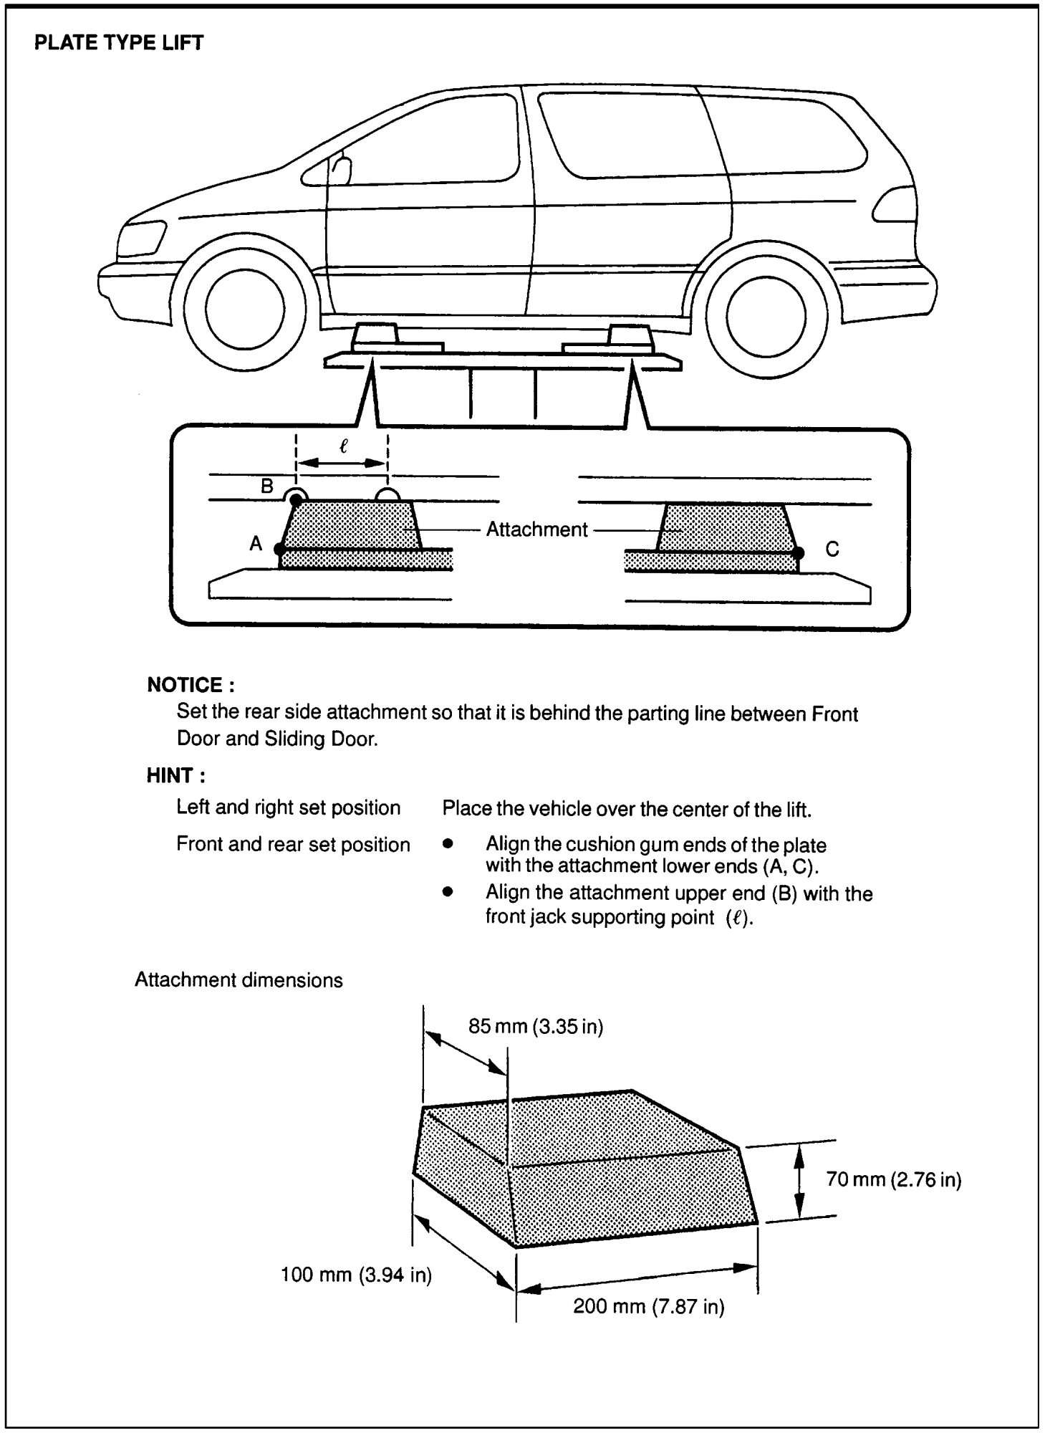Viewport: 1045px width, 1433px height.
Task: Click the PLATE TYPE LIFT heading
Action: tap(119, 43)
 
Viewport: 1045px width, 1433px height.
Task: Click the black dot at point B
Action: tap(295, 500)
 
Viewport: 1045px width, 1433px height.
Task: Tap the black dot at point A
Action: tap(279, 550)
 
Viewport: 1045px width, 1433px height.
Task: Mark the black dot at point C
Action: tap(799, 552)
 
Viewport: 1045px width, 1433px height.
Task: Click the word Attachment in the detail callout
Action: tap(536, 529)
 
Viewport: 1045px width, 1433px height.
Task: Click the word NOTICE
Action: tap(191, 685)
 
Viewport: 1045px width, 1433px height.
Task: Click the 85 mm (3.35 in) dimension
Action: tap(536, 1027)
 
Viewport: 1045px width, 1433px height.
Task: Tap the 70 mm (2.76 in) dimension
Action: tap(893, 1179)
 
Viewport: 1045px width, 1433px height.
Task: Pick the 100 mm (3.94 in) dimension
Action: tap(356, 1275)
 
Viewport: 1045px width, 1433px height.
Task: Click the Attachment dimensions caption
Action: tap(239, 979)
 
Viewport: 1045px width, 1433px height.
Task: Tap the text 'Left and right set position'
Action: tap(288, 807)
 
